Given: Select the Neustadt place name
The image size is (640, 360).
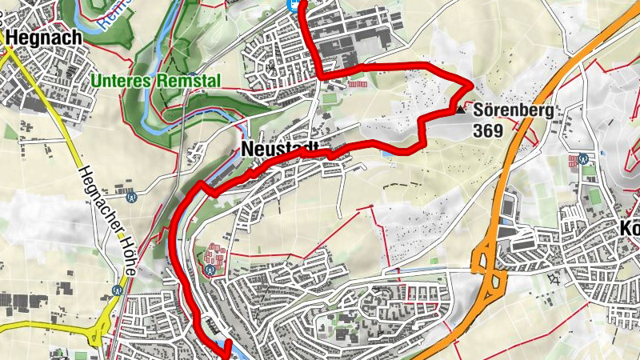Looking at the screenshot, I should pos(279,150).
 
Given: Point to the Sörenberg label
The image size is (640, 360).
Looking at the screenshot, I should pos(513,111).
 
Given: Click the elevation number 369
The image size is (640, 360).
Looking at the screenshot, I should pos(488,130).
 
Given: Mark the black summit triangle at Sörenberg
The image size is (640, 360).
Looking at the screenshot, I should pos(463,111).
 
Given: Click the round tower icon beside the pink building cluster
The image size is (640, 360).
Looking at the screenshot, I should pos(210,270).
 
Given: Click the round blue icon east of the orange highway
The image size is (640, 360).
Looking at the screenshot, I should pos(585,159).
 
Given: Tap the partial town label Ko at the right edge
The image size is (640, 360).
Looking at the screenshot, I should pos(630,226).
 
